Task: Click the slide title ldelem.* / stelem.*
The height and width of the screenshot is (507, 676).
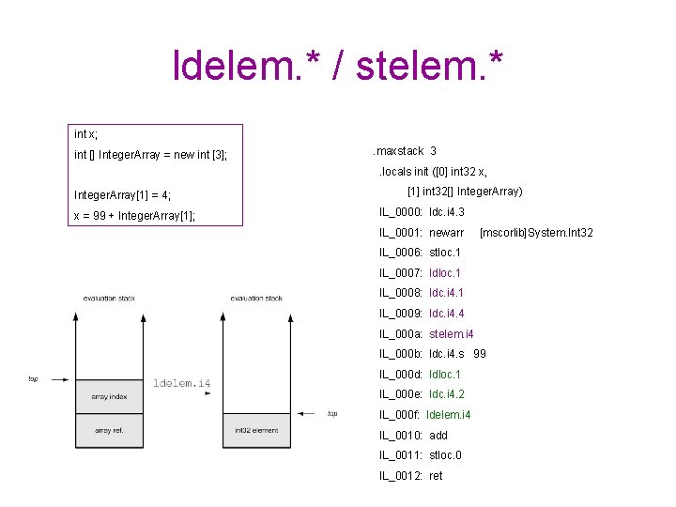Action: click(338, 65)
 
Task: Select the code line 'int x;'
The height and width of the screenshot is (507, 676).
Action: click(87, 135)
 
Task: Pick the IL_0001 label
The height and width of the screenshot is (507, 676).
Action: click(401, 233)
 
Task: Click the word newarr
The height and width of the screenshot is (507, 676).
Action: click(447, 233)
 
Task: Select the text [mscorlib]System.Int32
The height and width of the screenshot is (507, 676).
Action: click(536, 233)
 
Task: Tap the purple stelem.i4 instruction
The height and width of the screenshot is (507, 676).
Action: click(452, 334)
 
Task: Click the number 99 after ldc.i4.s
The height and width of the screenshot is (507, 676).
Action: click(480, 354)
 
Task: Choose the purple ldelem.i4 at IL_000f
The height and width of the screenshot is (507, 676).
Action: click(449, 415)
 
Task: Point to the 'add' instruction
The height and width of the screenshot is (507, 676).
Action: click(438, 436)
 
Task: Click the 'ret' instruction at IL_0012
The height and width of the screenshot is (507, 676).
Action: click(436, 476)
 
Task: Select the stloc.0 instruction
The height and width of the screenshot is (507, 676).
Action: click(445, 455)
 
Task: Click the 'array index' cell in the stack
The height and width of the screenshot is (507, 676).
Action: click(109, 397)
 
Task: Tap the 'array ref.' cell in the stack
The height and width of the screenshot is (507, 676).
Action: click(109, 430)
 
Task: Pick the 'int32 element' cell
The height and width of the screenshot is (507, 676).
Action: click(255, 430)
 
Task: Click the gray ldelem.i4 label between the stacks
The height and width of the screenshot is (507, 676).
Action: click(182, 383)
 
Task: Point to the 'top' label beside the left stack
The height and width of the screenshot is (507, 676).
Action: click(33, 379)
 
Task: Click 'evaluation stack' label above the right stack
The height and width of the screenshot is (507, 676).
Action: click(255, 299)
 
